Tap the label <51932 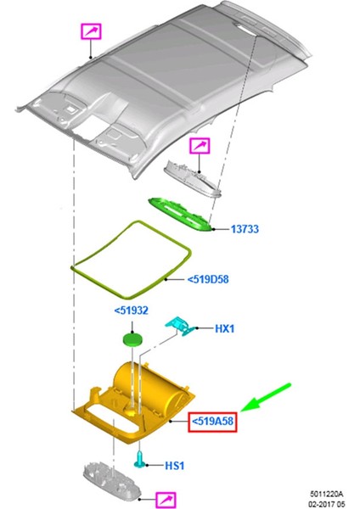(132, 311)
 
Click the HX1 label (225, 327)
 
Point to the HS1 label (175, 466)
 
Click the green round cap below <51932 (132, 340)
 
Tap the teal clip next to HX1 (181, 326)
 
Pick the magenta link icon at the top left (90, 33)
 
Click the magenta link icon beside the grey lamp (200, 147)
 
